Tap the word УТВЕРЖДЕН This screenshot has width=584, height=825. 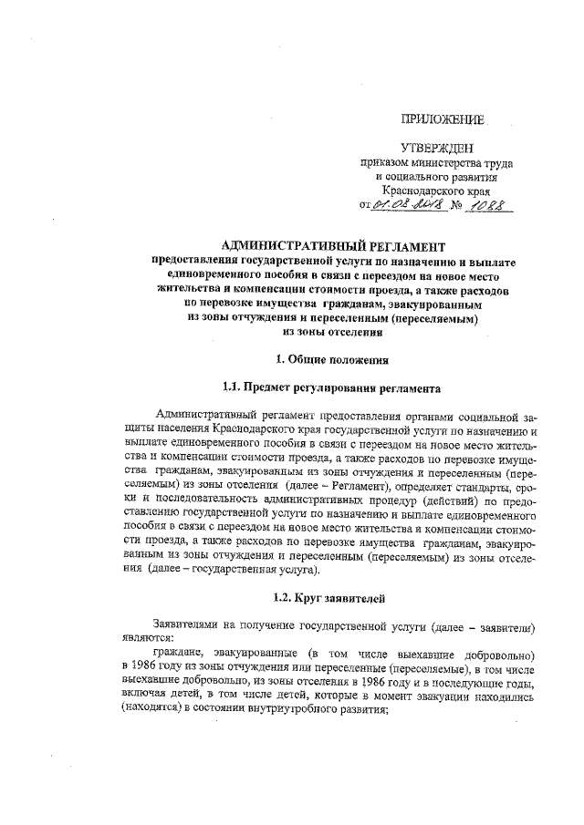click(x=437, y=149)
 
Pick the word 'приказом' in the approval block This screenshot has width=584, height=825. click(x=384, y=164)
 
